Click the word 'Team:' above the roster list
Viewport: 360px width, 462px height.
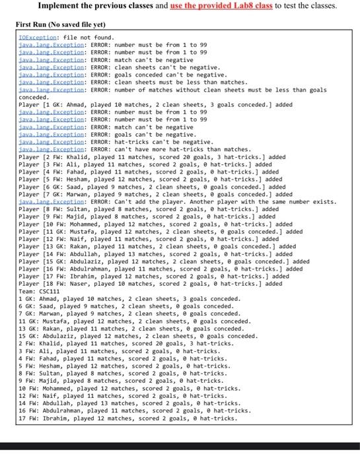[x=28, y=290]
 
